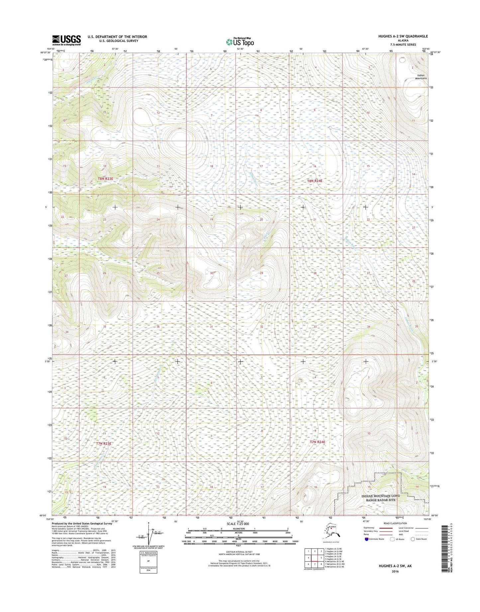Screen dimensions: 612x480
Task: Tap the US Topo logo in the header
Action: point(240,42)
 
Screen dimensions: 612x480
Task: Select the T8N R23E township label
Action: point(105,179)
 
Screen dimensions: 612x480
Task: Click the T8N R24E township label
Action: point(315,181)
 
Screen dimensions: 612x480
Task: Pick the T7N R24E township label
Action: point(317,442)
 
